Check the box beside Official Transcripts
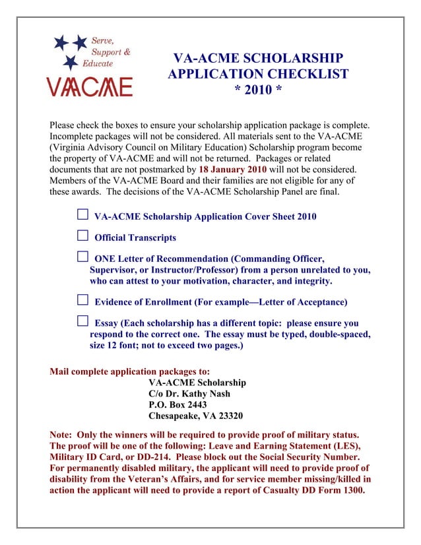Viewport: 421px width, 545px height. [82, 236]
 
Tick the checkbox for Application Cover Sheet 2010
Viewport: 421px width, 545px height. [82, 214]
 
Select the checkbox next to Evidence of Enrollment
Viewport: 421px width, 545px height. [82, 300]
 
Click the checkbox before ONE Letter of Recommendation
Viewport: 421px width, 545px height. [82, 257]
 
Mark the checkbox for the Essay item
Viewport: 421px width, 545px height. [82, 321]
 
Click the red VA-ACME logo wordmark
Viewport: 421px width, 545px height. [88, 86]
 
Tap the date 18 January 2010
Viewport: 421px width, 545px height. [228, 170]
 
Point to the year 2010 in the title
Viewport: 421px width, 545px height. [258, 90]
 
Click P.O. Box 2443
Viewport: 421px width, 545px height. [178, 405]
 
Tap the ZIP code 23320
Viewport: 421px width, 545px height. [228, 416]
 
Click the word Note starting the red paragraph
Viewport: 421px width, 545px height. [62, 435]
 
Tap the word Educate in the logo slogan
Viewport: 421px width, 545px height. [96, 63]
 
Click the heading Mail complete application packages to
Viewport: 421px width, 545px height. [130, 371]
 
